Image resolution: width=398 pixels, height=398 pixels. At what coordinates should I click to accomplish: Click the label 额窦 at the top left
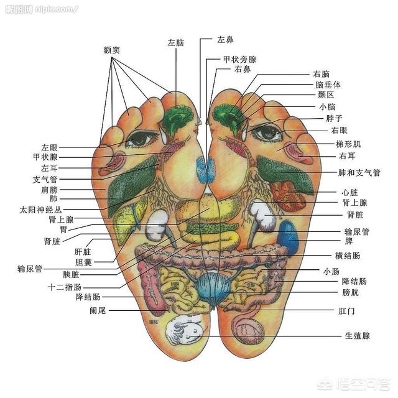click(x=112, y=50)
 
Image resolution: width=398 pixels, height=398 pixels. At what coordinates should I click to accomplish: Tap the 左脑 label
click(x=175, y=43)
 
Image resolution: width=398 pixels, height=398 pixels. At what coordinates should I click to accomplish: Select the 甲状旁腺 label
click(x=240, y=60)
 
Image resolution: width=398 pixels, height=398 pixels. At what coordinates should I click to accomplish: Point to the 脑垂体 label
click(x=328, y=85)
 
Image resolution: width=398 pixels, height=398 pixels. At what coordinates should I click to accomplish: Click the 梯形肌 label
click(x=348, y=144)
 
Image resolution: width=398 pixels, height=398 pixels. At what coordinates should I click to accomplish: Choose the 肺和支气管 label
click(x=359, y=173)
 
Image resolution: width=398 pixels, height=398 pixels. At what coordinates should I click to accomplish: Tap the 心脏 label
click(x=349, y=192)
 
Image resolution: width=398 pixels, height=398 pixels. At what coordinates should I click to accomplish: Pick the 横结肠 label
click(x=348, y=256)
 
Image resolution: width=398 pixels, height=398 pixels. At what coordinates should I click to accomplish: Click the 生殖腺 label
click(x=358, y=336)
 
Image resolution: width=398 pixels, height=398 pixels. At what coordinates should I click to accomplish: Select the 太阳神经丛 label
click(x=41, y=210)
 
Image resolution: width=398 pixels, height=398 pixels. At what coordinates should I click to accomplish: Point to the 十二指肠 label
click(x=65, y=287)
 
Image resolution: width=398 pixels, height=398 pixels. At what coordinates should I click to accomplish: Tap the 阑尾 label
click(x=98, y=310)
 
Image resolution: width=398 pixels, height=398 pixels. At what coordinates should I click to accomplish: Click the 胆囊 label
click(x=83, y=262)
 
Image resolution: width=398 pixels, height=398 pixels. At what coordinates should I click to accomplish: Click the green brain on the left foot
click(x=177, y=119)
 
